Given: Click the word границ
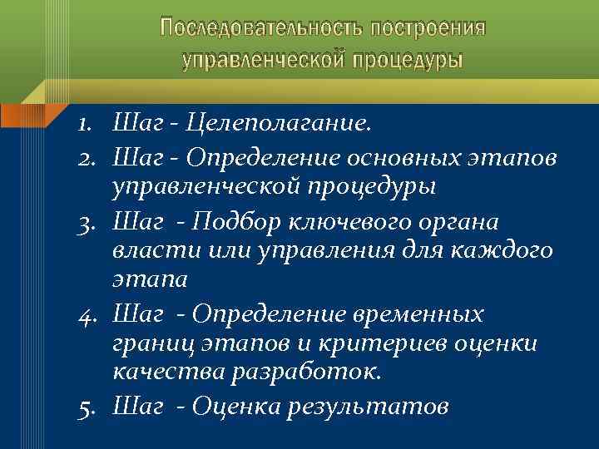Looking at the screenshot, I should (x=151, y=344).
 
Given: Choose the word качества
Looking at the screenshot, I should (x=160, y=375).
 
